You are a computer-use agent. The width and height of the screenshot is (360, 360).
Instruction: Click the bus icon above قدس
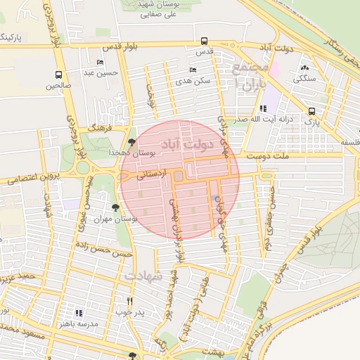[204, 41]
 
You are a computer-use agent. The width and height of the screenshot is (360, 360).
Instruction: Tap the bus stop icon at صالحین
[58, 74]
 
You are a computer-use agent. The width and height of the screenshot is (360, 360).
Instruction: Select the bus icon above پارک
[311, 111]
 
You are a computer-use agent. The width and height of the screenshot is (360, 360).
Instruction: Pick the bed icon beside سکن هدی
[193, 70]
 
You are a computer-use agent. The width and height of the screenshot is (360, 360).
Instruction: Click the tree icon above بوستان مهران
[115, 207]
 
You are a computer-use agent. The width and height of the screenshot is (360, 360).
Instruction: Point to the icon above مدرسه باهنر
[79, 312]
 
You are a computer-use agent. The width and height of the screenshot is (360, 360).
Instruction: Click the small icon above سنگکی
[304, 67]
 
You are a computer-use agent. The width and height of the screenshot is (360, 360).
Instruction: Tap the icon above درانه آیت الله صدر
[263, 108]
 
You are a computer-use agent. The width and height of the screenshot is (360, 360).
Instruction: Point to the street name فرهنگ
[102, 131]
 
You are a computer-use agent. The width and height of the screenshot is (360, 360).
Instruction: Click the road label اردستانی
[153, 172]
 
